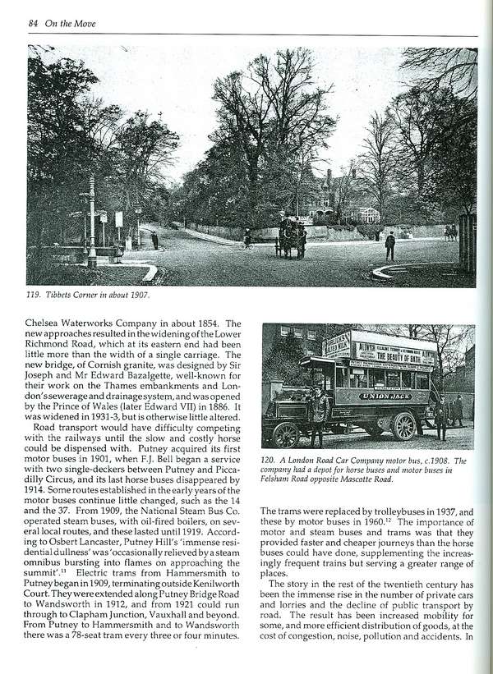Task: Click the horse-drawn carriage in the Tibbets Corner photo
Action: point(291,236)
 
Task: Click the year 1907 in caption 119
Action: point(149,295)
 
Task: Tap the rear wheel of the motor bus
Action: point(404,426)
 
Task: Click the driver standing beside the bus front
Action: point(318,415)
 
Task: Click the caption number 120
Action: point(270,460)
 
